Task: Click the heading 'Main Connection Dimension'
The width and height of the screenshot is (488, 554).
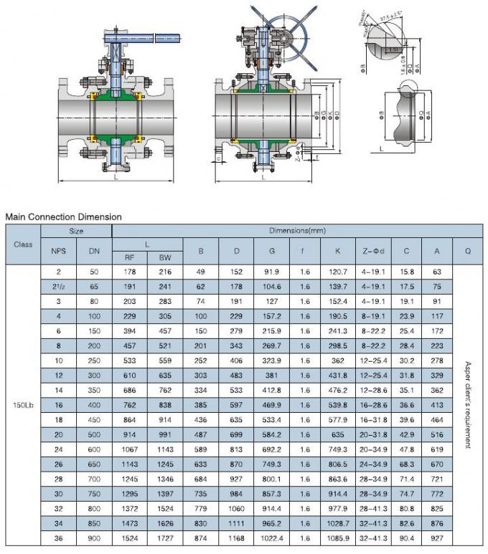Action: pyautogui.click(x=63, y=216)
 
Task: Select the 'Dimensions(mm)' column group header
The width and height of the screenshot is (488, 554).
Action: pyautogui.click(x=297, y=231)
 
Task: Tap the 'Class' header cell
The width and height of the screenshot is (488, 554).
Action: pyautogui.click(x=23, y=244)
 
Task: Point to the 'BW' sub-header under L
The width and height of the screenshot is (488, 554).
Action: pyautogui.click(x=165, y=257)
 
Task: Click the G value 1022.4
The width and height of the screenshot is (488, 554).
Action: pyautogui.click(x=272, y=538)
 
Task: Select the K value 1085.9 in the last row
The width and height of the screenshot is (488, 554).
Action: pyautogui.click(x=337, y=538)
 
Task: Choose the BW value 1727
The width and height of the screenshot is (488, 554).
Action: pyautogui.click(x=165, y=538)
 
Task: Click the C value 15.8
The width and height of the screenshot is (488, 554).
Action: pyautogui.click(x=406, y=272)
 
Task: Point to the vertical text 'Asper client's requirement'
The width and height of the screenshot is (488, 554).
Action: pyautogui.click(x=468, y=404)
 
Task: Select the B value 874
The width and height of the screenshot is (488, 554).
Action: pyautogui.click(x=200, y=538)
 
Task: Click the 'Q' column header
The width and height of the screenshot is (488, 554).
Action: pyautogui.click(x=468, y=251)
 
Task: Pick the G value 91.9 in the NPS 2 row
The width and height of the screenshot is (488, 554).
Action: pyautogui.click(x=272, y=272)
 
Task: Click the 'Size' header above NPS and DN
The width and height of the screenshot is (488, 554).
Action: pyautogui.click(x=76, y=231)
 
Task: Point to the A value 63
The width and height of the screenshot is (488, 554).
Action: pyautogui.click(x=436, y=272)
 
